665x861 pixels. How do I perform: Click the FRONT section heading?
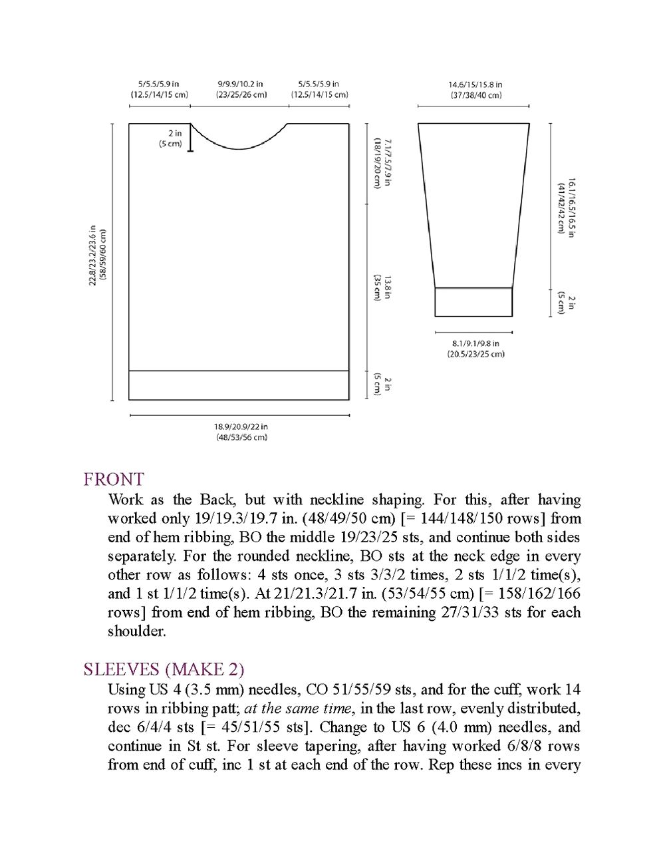coord(114,479)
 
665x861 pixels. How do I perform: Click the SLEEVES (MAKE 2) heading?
coord(164,669)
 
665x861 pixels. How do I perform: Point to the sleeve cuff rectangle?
coord(473,302)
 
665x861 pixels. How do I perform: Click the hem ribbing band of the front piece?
coord(239,385)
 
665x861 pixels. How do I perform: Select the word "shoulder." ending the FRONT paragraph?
coord(137,631)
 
